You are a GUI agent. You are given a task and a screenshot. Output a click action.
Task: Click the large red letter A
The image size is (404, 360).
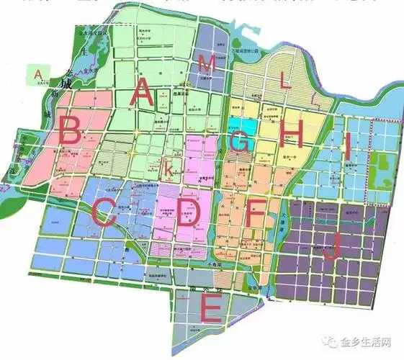[141, 94]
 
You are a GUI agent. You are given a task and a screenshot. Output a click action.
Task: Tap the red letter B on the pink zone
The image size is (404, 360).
[70, 132]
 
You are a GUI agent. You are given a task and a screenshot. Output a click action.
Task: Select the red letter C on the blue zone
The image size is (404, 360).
[105, 210]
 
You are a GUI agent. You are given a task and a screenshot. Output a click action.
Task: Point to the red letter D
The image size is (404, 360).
[188, 215]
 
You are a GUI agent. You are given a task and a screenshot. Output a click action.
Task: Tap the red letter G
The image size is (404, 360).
[241, 142]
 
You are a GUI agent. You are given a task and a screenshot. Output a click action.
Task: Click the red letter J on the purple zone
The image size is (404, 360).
[332, 249]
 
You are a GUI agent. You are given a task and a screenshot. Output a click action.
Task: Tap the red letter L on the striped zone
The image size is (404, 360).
[285, 81]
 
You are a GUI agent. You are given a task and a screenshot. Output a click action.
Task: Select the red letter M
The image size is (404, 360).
[207, 64]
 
